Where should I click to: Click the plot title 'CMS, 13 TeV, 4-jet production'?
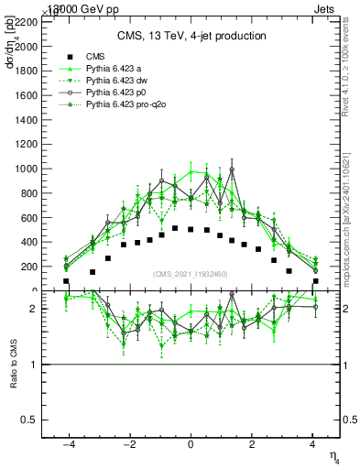pyautogui.click(x=191, y=37)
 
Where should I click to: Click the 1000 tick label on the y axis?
pyautogui.click(x=50, y=169)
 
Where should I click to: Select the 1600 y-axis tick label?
pyautogui.click(x=50, y=94)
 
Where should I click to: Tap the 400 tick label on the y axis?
pyautogui.click(x=53, y=242)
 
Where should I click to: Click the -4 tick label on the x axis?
pyautogui.click(x=68, y=444)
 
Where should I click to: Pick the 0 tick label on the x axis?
pyautogui.click(x=191, y=444)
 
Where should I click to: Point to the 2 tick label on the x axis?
pyautogui.click(x=252, y=444)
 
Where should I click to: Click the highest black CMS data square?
pyautogui.click(x=175, y=228)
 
